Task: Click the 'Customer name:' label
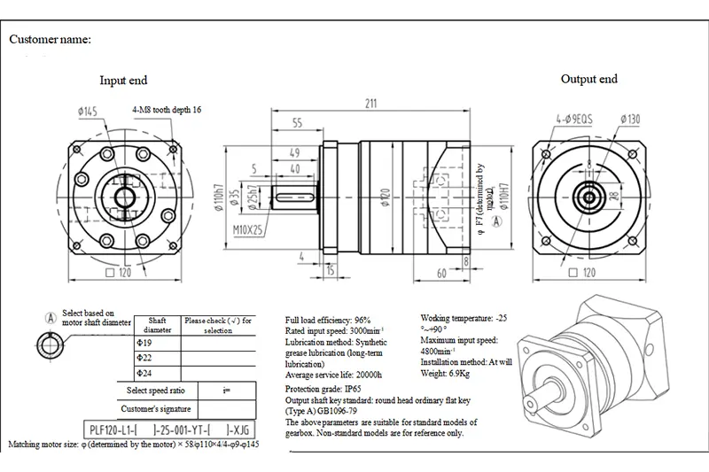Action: pyautogui.click(x=51, y=41)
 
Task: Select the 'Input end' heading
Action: pyautogui.click(x=123, y=81)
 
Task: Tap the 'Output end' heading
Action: pyautogui.click(x=589, y=79)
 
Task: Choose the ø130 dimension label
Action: pyautogui.click(x=630, y=118)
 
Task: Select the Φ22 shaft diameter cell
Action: pyautogui.click(x=141, y=359)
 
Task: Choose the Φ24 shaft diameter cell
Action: pyautogui.click(x=141, y=374)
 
